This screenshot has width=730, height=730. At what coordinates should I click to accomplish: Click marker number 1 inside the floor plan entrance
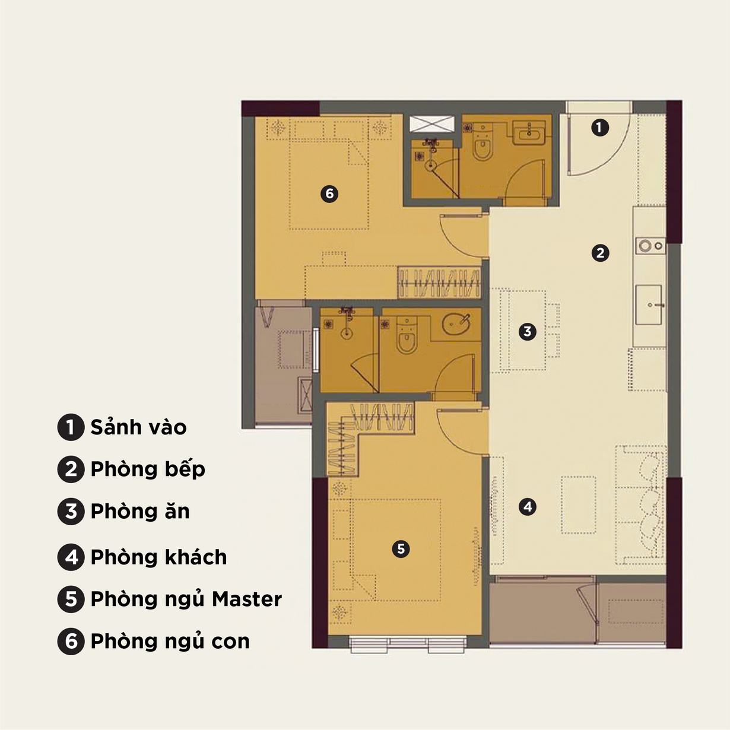click(x=600, y=128)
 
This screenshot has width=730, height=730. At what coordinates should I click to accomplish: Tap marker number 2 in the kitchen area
click(x=601, y=253)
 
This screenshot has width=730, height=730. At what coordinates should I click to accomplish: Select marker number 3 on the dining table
click(x=528, y=332)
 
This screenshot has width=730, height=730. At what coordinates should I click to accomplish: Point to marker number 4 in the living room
click(x=528, y=506)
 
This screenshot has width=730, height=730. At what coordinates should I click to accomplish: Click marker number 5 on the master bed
click(x=401, y=548)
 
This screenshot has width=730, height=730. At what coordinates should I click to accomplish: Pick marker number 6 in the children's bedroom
click(x=329, y=193)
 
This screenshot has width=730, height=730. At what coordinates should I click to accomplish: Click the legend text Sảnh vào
click(x=138, y=427)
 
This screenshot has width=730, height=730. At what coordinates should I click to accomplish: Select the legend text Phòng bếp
click(x=148, y=469)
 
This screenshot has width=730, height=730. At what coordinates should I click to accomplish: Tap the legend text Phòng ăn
click(x=140, y=511)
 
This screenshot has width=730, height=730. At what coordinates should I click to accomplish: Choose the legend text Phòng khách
click(x=158, y=557)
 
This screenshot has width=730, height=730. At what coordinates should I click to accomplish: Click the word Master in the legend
click(x=247, y=599)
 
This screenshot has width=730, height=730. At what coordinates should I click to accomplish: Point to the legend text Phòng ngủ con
click(x=170, y=642)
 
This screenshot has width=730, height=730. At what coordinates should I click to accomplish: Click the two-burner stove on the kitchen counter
click(x=650, y=246)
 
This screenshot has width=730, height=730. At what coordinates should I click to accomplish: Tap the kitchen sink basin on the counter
click(x=649, y=304)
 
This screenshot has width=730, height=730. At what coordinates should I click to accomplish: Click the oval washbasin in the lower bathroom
click(x=456, y=324)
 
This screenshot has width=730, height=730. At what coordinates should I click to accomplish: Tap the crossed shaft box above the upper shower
click(x=432, y=123)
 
